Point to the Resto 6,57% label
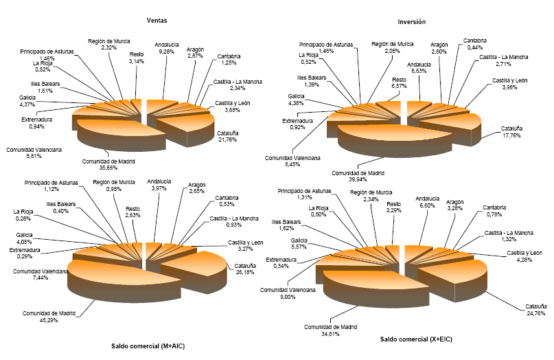click(399, 84)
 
